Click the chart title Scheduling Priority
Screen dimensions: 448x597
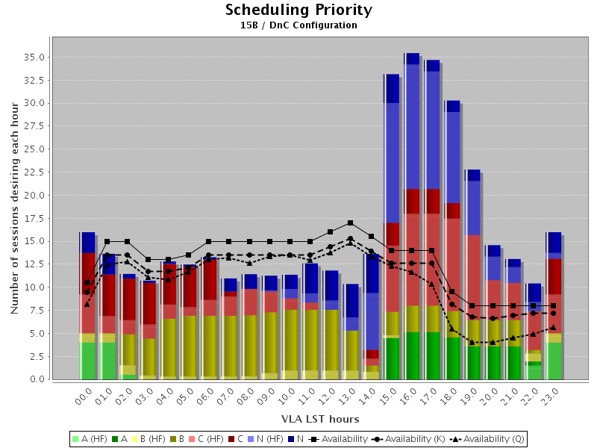point(298,10)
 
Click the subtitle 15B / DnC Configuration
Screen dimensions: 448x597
point(298,25)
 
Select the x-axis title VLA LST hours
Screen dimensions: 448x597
point(320,419)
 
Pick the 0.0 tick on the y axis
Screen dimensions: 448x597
point(37,379)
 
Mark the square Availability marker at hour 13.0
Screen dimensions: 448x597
point(350,223)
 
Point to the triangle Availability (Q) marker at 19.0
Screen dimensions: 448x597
point(472,342)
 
